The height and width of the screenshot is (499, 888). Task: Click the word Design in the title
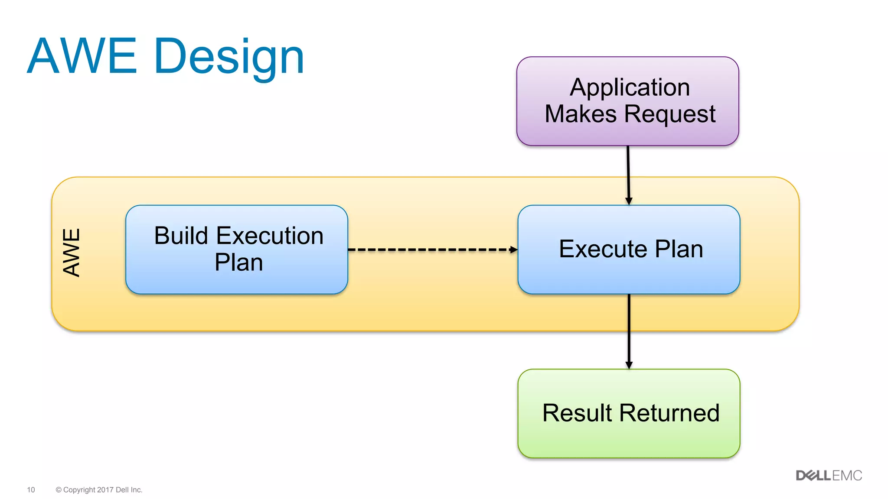pos(229,57)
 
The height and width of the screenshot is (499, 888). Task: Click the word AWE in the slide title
pos(82,57)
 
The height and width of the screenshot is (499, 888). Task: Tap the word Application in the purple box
pos(630,87)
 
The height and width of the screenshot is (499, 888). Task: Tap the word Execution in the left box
pos(270,236)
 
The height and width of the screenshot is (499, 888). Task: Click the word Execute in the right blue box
pos(603,249)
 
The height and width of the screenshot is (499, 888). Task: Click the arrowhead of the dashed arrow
pos(514,249)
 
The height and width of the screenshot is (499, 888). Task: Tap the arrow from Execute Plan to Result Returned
pos(629,331)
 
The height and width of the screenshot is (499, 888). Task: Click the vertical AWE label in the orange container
pos(72,252)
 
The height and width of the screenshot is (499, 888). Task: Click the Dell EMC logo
pos(829,476)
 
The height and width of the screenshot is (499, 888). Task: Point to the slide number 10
pos(31,490)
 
